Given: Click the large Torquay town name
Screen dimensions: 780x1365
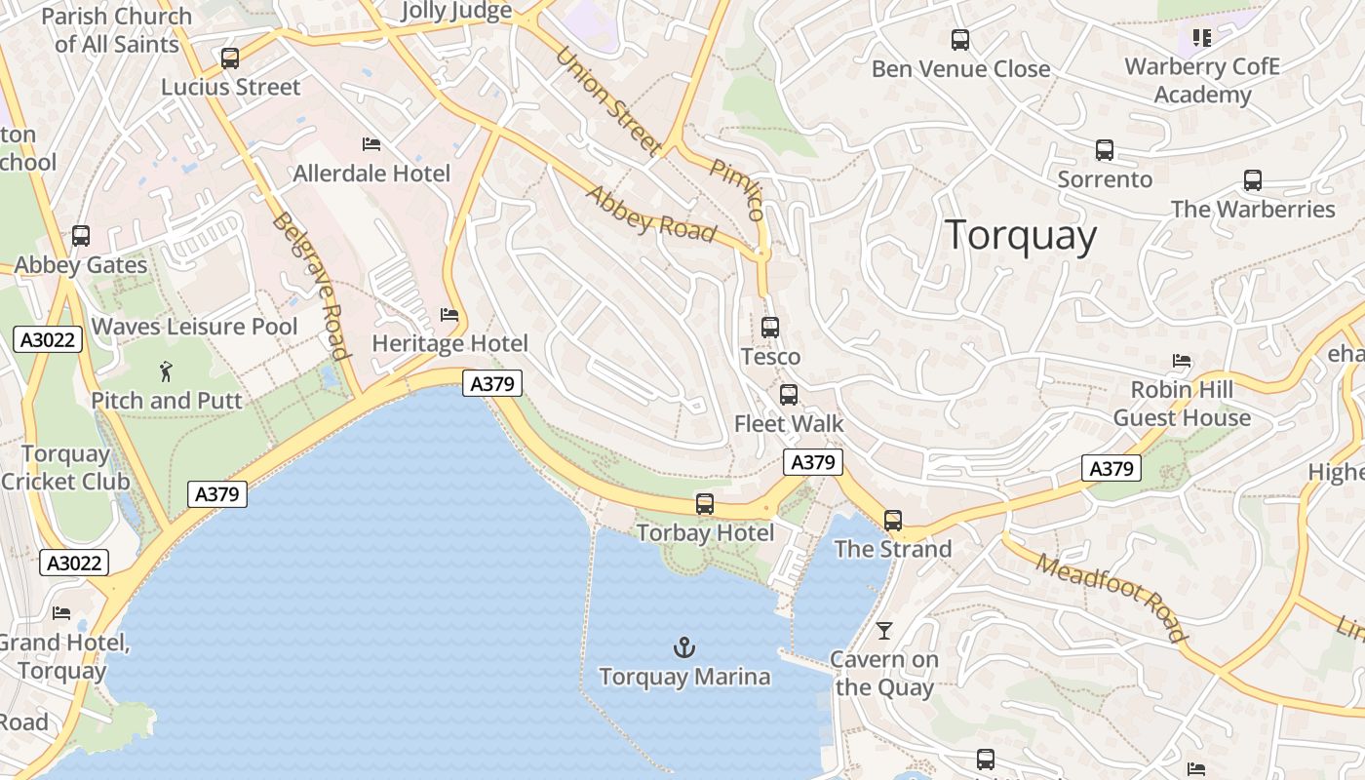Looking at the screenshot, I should tap(1021, 236).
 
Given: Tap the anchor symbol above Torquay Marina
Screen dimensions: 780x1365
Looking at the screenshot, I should tap(684, 646).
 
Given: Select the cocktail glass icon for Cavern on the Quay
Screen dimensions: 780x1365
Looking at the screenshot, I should tap(883, 631).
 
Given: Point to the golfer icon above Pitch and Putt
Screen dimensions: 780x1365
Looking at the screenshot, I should tap(166, 370).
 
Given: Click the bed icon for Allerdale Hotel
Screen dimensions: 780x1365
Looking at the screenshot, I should tap(371, 144).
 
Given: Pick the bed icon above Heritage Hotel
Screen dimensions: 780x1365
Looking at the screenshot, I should tap(449, 314).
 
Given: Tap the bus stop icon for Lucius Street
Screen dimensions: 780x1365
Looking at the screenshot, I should tap(230, 58).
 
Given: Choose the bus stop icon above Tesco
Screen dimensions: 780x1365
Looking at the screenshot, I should tap(770, 328).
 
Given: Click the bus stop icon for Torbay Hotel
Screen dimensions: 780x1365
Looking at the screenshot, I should tap(705, 504).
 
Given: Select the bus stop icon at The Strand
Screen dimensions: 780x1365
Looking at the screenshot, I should tap(893, 521).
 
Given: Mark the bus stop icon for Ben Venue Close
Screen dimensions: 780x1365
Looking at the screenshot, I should tap(960, 40).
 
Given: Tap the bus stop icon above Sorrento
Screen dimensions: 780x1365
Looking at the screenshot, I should tap(1105, 150).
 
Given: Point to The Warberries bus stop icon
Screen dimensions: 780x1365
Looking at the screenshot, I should tap(1253, 180).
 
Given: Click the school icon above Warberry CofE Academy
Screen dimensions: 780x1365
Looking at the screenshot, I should tap(1201, 38).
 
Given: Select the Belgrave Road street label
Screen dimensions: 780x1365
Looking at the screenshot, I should tap(310, 285).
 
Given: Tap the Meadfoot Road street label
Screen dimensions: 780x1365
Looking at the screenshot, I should tap(1111, 598).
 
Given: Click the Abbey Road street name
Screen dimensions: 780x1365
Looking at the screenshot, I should tap(650, 213).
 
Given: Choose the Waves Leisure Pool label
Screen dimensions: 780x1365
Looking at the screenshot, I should tap(195, 326).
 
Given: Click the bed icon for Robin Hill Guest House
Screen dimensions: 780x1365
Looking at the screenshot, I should tap(1182, 361).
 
